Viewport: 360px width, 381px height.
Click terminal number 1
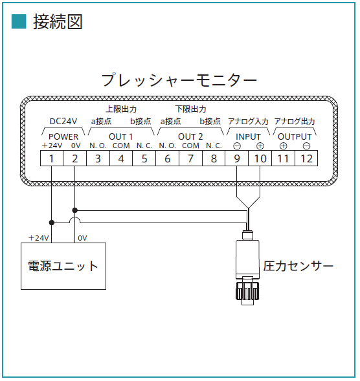(51, 158)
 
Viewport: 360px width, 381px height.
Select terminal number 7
(190, 158)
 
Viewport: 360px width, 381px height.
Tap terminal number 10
(260, 158)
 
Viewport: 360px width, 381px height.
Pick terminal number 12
(306, 158)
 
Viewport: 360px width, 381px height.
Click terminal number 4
(121, 158)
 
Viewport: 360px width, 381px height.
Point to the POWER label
(63, 136)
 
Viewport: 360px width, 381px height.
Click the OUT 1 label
(120, 136)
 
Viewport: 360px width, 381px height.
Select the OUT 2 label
(190, 136)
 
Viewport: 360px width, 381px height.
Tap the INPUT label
(248, 136)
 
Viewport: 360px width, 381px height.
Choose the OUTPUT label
(295, 136)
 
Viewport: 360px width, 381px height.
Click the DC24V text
(63, 121)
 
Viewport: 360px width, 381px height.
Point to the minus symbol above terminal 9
(237, 146)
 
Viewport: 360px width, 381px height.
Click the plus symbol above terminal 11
(284, 146)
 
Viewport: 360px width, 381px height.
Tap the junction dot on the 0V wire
(75, 210)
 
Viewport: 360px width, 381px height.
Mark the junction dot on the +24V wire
(52, 223)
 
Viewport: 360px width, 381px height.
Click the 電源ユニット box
(63, 266)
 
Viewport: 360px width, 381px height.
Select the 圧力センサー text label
(298, 266)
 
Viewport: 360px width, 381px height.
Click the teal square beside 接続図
(19, 21)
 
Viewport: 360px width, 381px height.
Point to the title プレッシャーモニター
(179, 80)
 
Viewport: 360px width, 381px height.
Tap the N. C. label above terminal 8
(214, 146)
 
